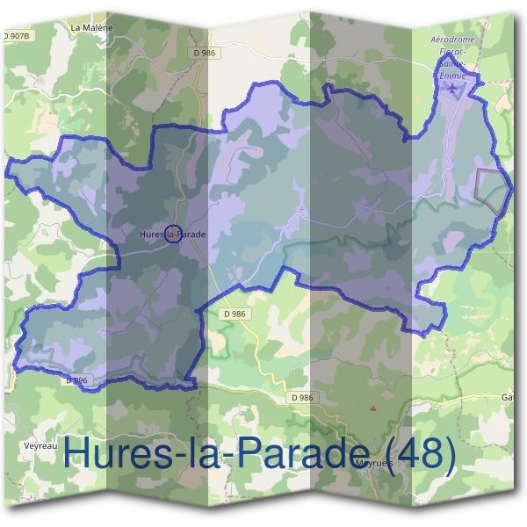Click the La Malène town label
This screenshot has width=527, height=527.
(x=91, y=27)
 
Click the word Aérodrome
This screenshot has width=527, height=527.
(x=455, y=40)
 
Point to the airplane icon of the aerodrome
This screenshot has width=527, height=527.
(x=452, y=92)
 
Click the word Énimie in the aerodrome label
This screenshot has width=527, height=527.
(x=455, y=76)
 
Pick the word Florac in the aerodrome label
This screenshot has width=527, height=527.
(x=452, y=52)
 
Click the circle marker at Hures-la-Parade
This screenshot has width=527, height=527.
(x=174, y=235)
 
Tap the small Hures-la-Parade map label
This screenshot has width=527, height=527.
(x=173, y=235)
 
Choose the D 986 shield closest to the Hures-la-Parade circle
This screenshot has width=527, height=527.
(x=235, y=313)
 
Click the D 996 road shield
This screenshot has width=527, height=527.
(x=76, y=379)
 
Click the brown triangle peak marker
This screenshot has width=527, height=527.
(x=373, y=408)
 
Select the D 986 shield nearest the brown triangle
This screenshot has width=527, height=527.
(x=301, y=398)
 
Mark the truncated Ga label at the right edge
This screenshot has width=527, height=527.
(x=509, y=397)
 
